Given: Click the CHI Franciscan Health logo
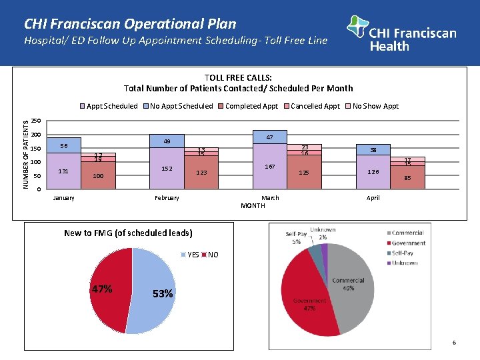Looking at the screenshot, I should click(402, 33).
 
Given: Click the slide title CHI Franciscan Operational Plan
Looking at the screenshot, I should click(130, 24).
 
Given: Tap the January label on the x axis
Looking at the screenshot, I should click(64, 198).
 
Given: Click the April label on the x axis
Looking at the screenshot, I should click(373, 198).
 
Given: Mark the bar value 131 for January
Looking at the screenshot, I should click(64, 171).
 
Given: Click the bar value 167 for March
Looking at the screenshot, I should click(270, 166).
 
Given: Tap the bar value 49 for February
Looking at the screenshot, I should click(167, 141).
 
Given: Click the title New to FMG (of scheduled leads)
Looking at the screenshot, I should click(128, 233).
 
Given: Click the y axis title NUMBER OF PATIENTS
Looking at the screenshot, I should click(27, 153).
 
